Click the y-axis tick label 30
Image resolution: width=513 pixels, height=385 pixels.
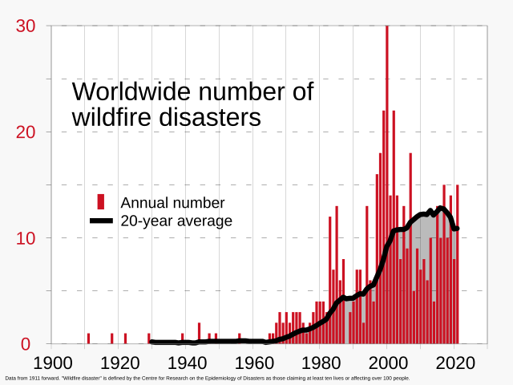tap(26, 26)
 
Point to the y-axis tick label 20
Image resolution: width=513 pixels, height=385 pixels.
tap(26, 132)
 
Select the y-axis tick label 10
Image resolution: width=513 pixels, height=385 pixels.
tap(26, 238)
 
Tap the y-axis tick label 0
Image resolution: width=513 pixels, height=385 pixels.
tap(25, 344)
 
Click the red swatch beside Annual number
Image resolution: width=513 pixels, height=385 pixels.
tap(101, 202)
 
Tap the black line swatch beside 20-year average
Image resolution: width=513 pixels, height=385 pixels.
tap(101, 221)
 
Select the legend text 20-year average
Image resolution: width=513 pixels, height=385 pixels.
tap(176, 221)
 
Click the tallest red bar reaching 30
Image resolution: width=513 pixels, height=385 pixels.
tap(387, 184)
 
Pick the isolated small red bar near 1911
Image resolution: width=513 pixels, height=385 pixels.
tap(89, 338)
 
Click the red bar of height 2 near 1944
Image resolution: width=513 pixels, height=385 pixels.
tap(200, 334)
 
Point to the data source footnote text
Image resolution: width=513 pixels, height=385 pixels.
tap(207, 377)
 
